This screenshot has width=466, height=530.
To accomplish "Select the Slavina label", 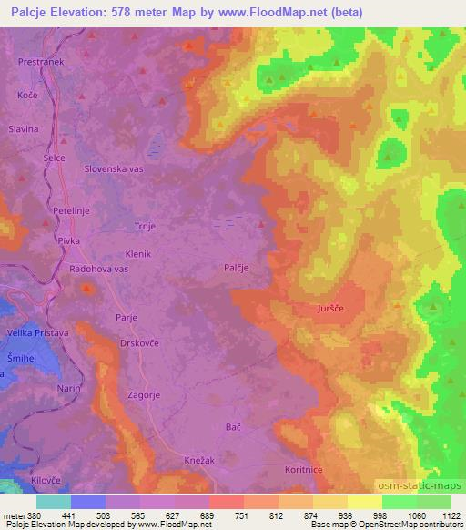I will coord(23,129).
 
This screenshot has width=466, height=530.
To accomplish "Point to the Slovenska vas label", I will coord(115,168).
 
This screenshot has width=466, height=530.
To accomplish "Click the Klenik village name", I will coord(137,254).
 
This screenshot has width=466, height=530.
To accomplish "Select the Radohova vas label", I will coord(101,270).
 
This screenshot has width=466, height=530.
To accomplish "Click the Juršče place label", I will coord(330,310).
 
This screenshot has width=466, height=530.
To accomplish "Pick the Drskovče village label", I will coord(140,344).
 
